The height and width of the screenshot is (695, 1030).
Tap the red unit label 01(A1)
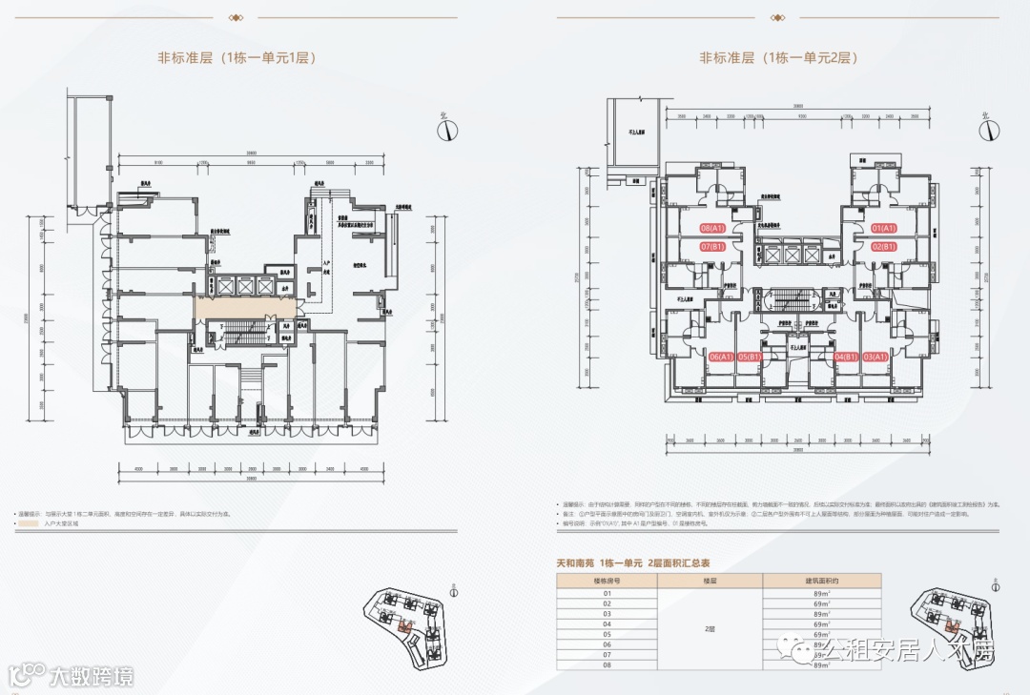pyautogui.click(x=884, y=229)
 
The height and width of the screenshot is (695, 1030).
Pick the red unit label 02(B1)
pyautogui.click(x=884, y=247)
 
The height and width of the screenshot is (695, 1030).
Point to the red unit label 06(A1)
pyautogui.click(x=721, y=357)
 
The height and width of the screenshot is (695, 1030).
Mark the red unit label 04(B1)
pyautogui.click(x=846, y=357)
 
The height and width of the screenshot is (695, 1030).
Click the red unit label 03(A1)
pyautogui.click(x=875, y=357)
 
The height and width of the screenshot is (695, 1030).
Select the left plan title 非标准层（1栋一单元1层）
pyautogui.click(x=237, y=58)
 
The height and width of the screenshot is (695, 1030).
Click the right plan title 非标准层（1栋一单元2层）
pyautogui.click(x=778, y=58)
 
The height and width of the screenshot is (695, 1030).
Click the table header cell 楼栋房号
pyautogui.click(x=608, y=580)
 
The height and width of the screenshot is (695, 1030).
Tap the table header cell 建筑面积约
pyautogui.click(x=821, y=580)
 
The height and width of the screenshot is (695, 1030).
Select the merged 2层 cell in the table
pyautogui.click(x=710, y=629)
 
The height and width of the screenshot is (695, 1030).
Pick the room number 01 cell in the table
pyautogui.click(x=608, y=593)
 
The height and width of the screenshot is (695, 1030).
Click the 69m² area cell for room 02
pyautogui.click(x=821, y=603)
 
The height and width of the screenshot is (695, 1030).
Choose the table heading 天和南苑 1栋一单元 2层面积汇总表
pyautogui.click(x=633, y=563)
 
